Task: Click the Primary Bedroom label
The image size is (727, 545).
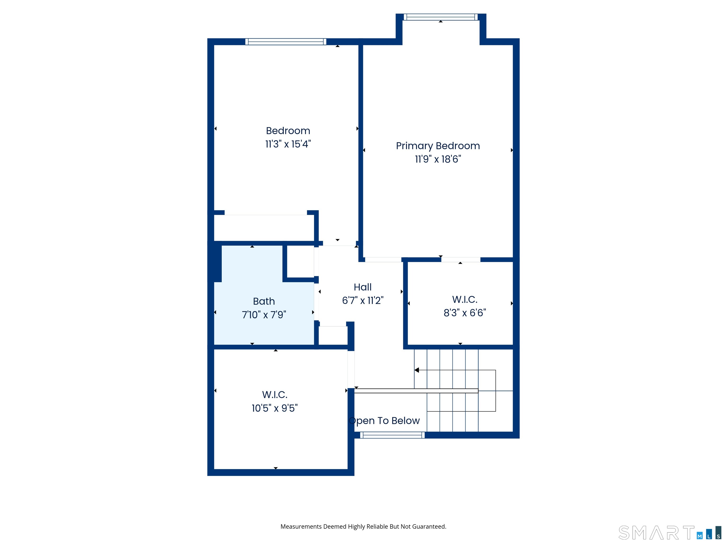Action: [x=438, y=146]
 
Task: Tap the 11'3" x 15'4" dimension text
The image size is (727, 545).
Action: [x=288, y=144]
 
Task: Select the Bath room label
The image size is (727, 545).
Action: [x=264, y=301]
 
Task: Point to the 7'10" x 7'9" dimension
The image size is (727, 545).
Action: [x=264, y=315]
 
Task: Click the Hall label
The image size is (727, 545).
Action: [x=363, y=287]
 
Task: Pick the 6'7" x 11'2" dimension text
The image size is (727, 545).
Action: [x=363, y=300]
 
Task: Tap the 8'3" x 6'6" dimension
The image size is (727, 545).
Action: [x=465, y=312]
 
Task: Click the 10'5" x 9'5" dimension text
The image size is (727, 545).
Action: [x=275, y=408]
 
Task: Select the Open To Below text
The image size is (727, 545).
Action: [x=385, y=421]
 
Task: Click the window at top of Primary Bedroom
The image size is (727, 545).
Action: [x=441, y=17]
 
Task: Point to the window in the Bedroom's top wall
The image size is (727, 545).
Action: [x=286, y=42]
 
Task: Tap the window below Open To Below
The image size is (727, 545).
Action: [x=392, y=435]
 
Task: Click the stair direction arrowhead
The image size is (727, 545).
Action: [x=417, y=370]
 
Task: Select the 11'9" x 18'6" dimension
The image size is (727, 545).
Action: [x=438, y=159]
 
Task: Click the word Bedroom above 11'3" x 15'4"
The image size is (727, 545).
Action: [x=288, y=131]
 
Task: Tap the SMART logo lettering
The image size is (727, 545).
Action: [x=656, y=533]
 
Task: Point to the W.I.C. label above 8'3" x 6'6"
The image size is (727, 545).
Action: [x=465, y=299]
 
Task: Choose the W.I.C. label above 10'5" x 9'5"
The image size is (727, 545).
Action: [x=275, y=395]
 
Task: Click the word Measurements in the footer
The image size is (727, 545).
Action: [x=301, y=527]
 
